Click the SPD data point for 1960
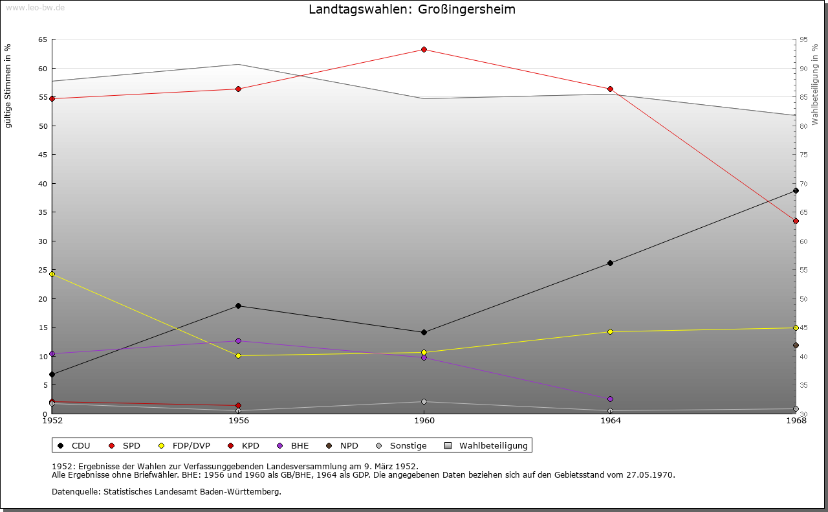[424, 49]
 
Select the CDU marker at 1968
[796, 191]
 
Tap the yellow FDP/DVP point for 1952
[52, 274]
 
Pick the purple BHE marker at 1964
[610, 399]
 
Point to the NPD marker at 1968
[796, 345]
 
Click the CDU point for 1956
[238, 306]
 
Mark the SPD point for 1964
[610, 89]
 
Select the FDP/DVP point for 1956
[238, 355]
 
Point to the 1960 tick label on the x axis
[424, 421]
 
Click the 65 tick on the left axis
[42, 39]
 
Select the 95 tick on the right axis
[803, 39]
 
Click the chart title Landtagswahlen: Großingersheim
[412, 10]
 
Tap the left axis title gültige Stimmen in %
[8, 85]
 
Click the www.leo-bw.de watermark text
[34, 6]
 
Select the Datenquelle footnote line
[166, 491]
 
